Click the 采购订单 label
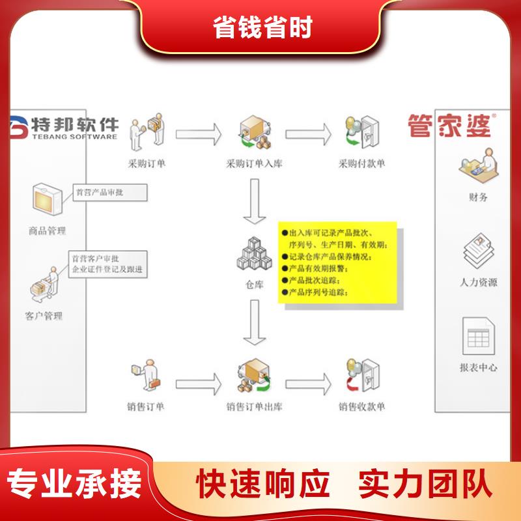(147, 163)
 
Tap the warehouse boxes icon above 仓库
(255, 253)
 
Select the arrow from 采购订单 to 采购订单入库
(199, 134)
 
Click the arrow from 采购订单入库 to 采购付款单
(308, 134)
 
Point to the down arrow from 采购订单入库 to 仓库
(255, 201)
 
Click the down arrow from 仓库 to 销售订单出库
(255, 322)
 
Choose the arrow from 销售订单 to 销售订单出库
(199, 384)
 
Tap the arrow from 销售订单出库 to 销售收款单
(308, 384)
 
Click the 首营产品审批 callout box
(110, 192)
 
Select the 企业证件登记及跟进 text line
(107, 269)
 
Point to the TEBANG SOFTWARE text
(75, 137)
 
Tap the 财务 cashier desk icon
(479, 166)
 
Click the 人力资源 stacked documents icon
(479, 251)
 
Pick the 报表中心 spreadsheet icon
(479, 336)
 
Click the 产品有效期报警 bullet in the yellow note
(315, 268)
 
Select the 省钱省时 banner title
(262, 27)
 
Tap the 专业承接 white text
(74, 484)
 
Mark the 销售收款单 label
(362, 406)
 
